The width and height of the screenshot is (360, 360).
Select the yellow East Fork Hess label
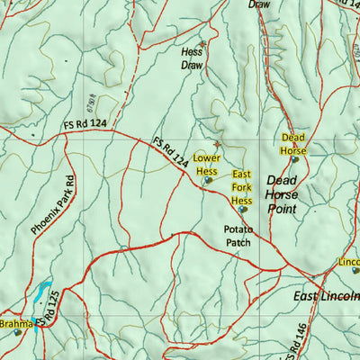pyautogui.click(x=241, y=187)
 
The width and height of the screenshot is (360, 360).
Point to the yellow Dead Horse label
pyautogui.click(x=293, y=144)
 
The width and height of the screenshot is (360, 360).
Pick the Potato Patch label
pyautogui.click(x=239, y=236)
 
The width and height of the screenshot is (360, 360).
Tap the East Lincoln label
pyautogui.click(x=326, y=295)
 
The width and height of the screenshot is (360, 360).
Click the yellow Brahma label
pyautogui.click(x=15, y=322)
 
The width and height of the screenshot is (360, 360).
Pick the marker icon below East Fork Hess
pyautogui.click(x=242, y=209)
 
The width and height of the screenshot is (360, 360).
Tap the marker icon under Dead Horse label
pyautogui.click(x=294, y=159)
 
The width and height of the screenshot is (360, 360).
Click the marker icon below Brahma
pyautogui.click(x=17, y=333)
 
